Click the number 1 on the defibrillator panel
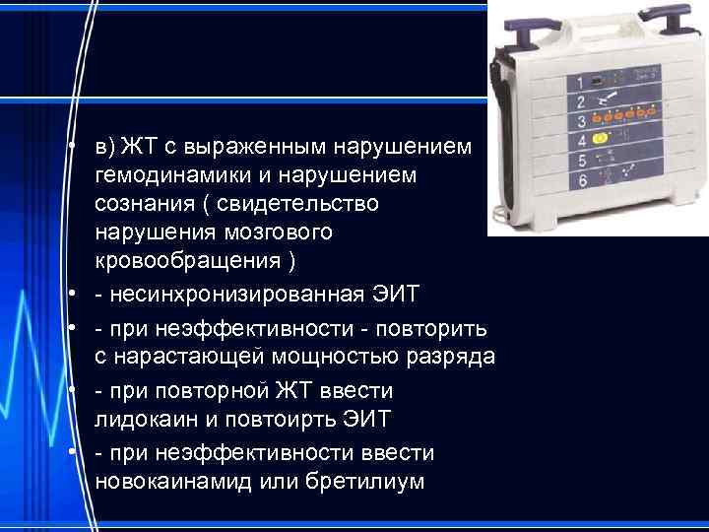coord(580,83)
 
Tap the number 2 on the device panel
coord(580,101)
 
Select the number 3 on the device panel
coord(581,121)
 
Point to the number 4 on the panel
coord(581,141)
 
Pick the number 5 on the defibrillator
coord(582,161)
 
